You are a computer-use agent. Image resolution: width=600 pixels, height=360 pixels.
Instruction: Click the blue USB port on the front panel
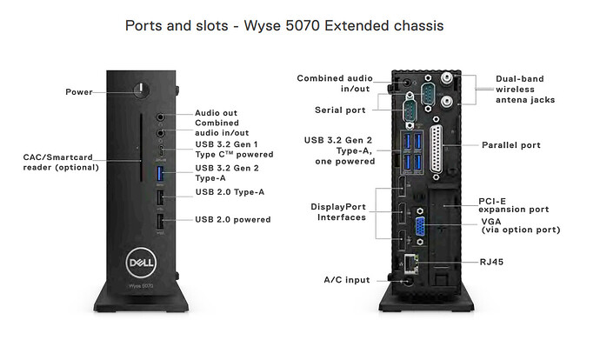160,173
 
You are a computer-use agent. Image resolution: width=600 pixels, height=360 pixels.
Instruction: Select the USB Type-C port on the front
160,151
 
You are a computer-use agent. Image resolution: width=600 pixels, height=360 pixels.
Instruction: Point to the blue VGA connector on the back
420,228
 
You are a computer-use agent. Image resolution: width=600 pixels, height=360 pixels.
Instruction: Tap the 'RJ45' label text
493,261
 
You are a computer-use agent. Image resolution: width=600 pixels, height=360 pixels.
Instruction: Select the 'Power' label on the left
79,91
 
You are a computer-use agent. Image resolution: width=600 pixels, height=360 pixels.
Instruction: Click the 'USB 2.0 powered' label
232,220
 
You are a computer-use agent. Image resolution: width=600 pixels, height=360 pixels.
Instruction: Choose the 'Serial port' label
340,110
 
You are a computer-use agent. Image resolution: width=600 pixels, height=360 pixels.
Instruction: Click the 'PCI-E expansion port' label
513,204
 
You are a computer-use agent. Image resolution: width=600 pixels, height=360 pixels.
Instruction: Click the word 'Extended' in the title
346,26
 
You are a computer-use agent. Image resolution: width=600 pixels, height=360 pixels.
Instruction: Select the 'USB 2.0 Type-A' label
230,192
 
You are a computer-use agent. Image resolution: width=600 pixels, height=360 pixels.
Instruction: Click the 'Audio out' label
218,114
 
